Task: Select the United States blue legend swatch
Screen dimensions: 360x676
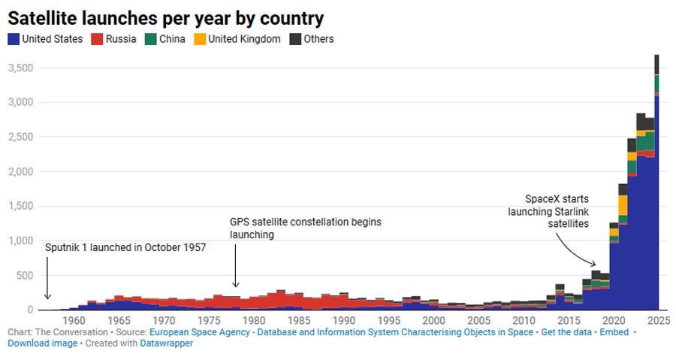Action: tap(13, 39)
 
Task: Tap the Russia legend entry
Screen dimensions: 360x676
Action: tap(113, 39)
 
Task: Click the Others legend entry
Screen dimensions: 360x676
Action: tap(312, 39)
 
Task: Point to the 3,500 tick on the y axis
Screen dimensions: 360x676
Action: tap(20, 68)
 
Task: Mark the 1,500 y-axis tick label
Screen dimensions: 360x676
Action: tap(20, 206)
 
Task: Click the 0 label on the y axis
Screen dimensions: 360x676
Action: tap(31, 310)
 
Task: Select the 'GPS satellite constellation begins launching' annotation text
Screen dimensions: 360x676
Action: tap(306, 228)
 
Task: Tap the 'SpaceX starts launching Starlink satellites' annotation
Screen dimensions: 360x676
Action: tap(557, 212)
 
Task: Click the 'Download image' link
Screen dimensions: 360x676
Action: tap(42, 343)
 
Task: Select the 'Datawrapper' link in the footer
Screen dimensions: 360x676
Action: tap(167, 343)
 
